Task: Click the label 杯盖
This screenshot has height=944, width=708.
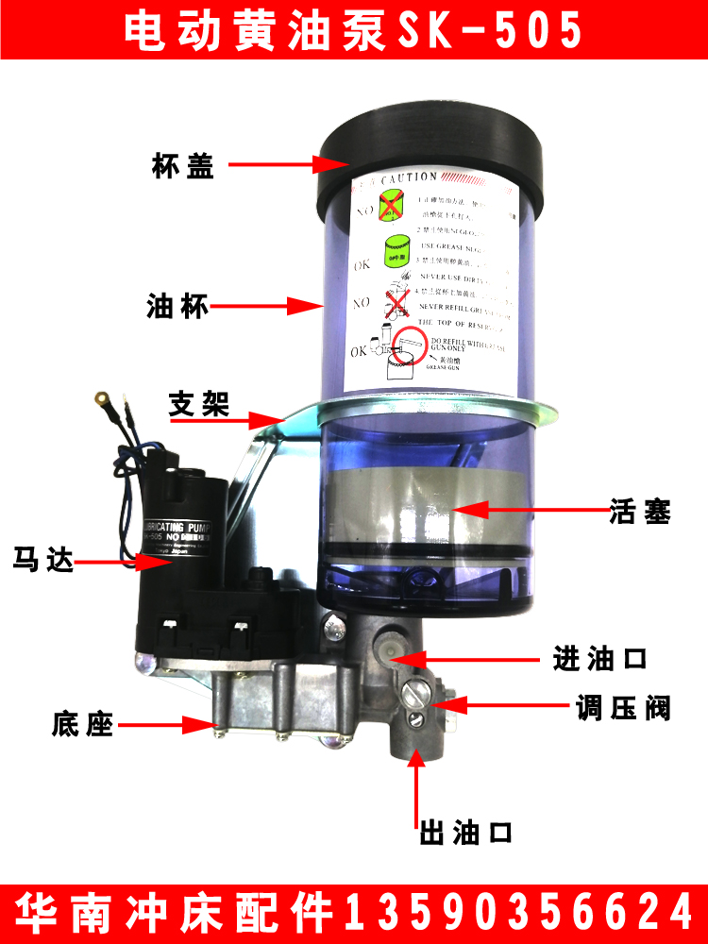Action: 182,166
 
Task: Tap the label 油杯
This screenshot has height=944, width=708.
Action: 178,307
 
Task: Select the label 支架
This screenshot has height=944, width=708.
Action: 199,405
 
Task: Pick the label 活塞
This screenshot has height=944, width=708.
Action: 640,513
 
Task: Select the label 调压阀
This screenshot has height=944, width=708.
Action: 623,708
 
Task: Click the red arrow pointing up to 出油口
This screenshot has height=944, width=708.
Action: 415,788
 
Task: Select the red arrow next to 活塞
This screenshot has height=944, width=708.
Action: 529,510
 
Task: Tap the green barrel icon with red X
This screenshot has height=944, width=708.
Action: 392,204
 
